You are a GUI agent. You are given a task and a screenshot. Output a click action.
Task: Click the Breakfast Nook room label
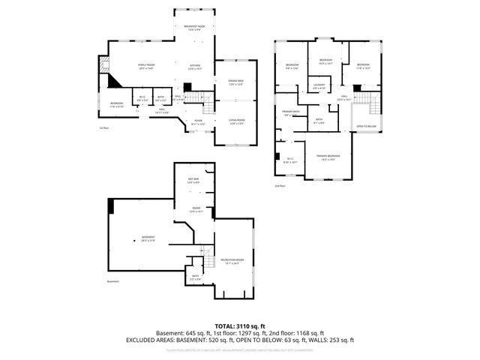click(194, 28)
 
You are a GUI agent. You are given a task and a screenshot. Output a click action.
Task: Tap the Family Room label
click(145, 67)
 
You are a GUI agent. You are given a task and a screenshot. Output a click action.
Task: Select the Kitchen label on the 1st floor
click(194, 67)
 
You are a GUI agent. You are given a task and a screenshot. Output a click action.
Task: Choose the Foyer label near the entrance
click(198, 121)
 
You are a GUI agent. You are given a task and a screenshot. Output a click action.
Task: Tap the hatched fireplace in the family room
click(111, 82)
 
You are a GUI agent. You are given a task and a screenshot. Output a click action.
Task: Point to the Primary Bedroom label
click(327, 157)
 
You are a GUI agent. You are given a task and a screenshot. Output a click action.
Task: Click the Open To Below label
click(366, 126)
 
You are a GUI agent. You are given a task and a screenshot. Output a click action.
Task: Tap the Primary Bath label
click(291, 113)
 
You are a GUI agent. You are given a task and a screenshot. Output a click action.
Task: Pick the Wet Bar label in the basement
click(193, 180)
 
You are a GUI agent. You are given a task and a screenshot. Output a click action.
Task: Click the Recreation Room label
click(229, 261)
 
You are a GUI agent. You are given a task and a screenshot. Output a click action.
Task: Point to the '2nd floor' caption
click(280, 185)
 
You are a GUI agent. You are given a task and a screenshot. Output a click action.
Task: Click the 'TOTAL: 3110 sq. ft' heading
click(240, 326)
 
